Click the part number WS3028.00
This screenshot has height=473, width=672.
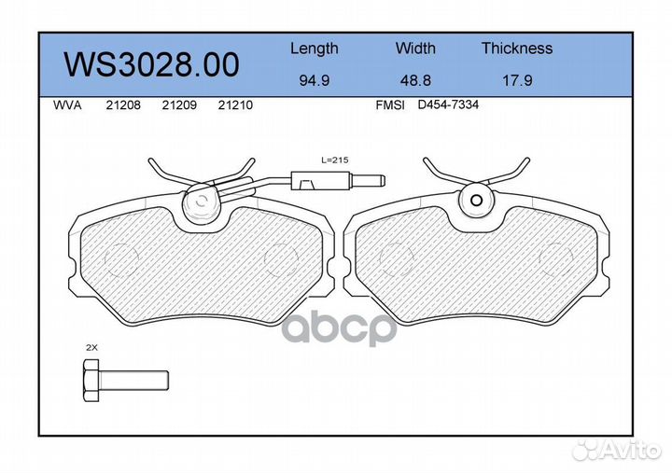point(150,64)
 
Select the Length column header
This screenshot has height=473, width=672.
point(314,49)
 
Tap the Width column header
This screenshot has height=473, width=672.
point(415,49)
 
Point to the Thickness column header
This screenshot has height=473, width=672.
point(516,49)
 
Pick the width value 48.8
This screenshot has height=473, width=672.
point(414,80)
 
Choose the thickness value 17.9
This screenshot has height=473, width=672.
point(516,80)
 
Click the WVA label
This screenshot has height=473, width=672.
point(67,105)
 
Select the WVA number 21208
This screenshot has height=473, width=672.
point(123,105)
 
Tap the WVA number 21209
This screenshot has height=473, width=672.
point(178,105)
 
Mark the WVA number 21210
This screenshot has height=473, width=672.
point(234,105)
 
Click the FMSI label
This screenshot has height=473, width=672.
point(389,105)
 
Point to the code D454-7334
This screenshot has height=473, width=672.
point(448,105)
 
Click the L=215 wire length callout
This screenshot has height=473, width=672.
point(333,160)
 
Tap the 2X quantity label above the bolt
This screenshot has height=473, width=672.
point(91,346)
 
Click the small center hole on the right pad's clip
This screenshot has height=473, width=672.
point(475,200)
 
